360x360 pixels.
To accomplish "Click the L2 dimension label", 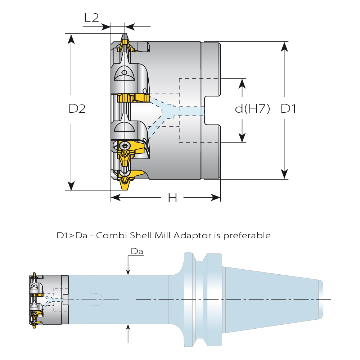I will point(91,18).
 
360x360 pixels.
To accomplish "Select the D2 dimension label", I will point(77,109).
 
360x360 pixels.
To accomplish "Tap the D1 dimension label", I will point(288,109).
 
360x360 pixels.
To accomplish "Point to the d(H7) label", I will point(252,109).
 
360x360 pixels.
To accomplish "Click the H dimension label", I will point(172,198).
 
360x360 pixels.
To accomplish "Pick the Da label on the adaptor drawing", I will point(137,251).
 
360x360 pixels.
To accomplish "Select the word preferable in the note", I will point(247,236).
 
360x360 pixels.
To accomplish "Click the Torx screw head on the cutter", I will point(125,146).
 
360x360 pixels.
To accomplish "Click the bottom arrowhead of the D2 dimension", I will point(71,186).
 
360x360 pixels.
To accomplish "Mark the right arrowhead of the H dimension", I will point(216,197).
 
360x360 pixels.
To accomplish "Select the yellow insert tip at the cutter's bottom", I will point(125,184).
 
